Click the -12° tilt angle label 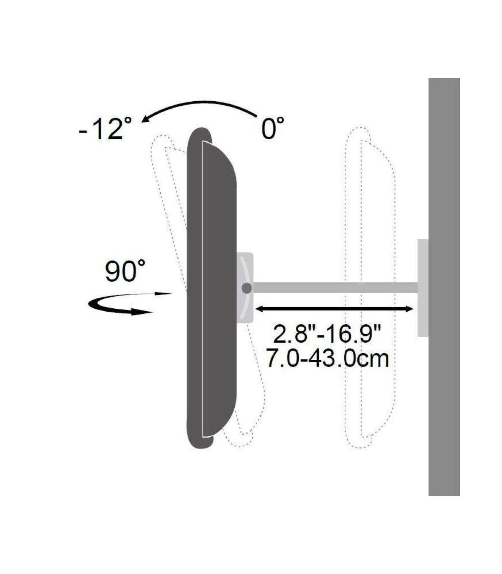tap(105, 128)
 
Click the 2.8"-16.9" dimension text tap(327, 334)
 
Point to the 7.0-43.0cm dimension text tap(327, 358)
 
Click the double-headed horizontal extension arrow tap(334, 309)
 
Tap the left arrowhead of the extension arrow tap(259, 309)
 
